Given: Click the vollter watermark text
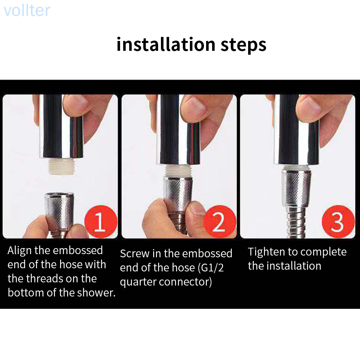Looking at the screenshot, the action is coord(27,11).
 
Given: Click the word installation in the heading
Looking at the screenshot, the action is coord(166,44).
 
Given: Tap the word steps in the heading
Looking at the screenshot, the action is coord(244,45).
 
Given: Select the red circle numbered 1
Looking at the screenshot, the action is coord(101,221).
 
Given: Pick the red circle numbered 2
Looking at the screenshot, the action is coord(220,221).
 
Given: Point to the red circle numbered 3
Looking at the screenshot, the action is coord(338,221).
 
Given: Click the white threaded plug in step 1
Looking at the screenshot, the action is coord(60,166).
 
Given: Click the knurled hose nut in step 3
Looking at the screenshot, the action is coord(296,188).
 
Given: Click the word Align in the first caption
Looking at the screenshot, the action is coord(19,251).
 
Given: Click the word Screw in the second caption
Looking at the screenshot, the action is coord(135,253).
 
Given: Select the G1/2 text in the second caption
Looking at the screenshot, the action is coord(211,268).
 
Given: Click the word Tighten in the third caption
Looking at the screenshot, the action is coord(266,252).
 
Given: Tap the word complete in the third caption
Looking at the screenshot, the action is coord(322,252).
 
